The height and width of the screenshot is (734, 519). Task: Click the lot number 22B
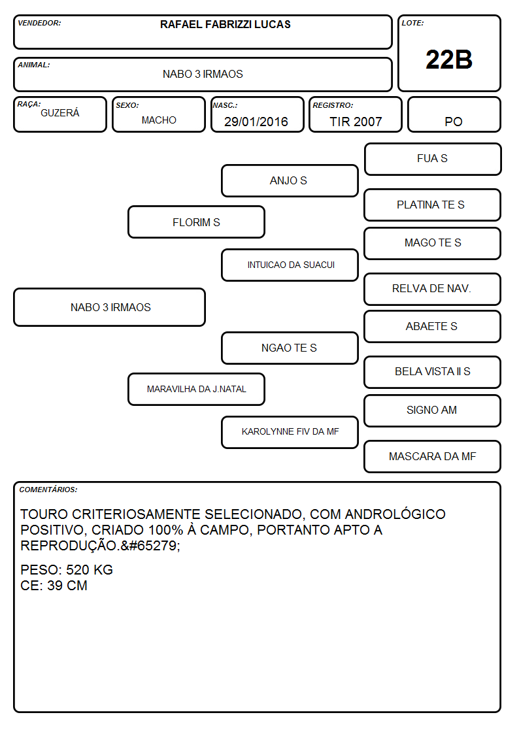pyautogui.click(x=449, y=59)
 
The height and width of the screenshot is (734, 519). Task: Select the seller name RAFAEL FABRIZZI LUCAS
pyautogui.click(x=225, y=24)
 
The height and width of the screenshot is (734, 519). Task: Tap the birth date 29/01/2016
pyautogui.click(x=256, y=122)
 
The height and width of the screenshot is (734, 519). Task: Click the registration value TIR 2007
pyautogui.click(x=356, y=122)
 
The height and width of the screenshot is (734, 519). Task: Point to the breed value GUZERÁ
pyautogui.click(x=60, y=112)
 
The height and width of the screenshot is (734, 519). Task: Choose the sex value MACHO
pyautogui.click(x=159, y=120)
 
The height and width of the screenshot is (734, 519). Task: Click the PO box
pyautogui.click(x=454, y=114)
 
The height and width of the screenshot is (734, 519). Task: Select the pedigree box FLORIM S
pyautogui.click(x=196, y=222)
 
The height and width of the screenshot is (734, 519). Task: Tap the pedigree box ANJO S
pyautogui.click(x=290, y=180)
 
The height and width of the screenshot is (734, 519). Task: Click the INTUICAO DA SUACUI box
pyautogui.click(x=290, y=265)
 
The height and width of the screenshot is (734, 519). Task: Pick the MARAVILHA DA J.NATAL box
pyautogui.click(x=196, y=389)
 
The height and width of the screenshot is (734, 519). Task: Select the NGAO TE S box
pyautogui.click(x=290, y=348)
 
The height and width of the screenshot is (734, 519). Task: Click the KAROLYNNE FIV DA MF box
pyautogui.click(x=290, y=432)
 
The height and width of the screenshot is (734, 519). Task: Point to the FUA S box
pyautogui.click(x=433, y=159)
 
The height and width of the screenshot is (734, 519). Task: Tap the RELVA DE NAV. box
pyautogui.click(x=433, y=289)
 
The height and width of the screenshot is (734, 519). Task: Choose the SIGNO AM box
pyautogui.click(x=433, y=410)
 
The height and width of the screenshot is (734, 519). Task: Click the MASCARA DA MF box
pyautogui.click(x=433, y=456)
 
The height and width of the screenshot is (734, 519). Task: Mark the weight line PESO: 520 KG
pyautogui.click(x=67, y=570)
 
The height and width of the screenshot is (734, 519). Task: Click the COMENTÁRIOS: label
pyautogui.click(x=48, y=490)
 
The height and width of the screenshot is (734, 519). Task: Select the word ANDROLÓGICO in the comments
pyautogui.click(x=395, y=514)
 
